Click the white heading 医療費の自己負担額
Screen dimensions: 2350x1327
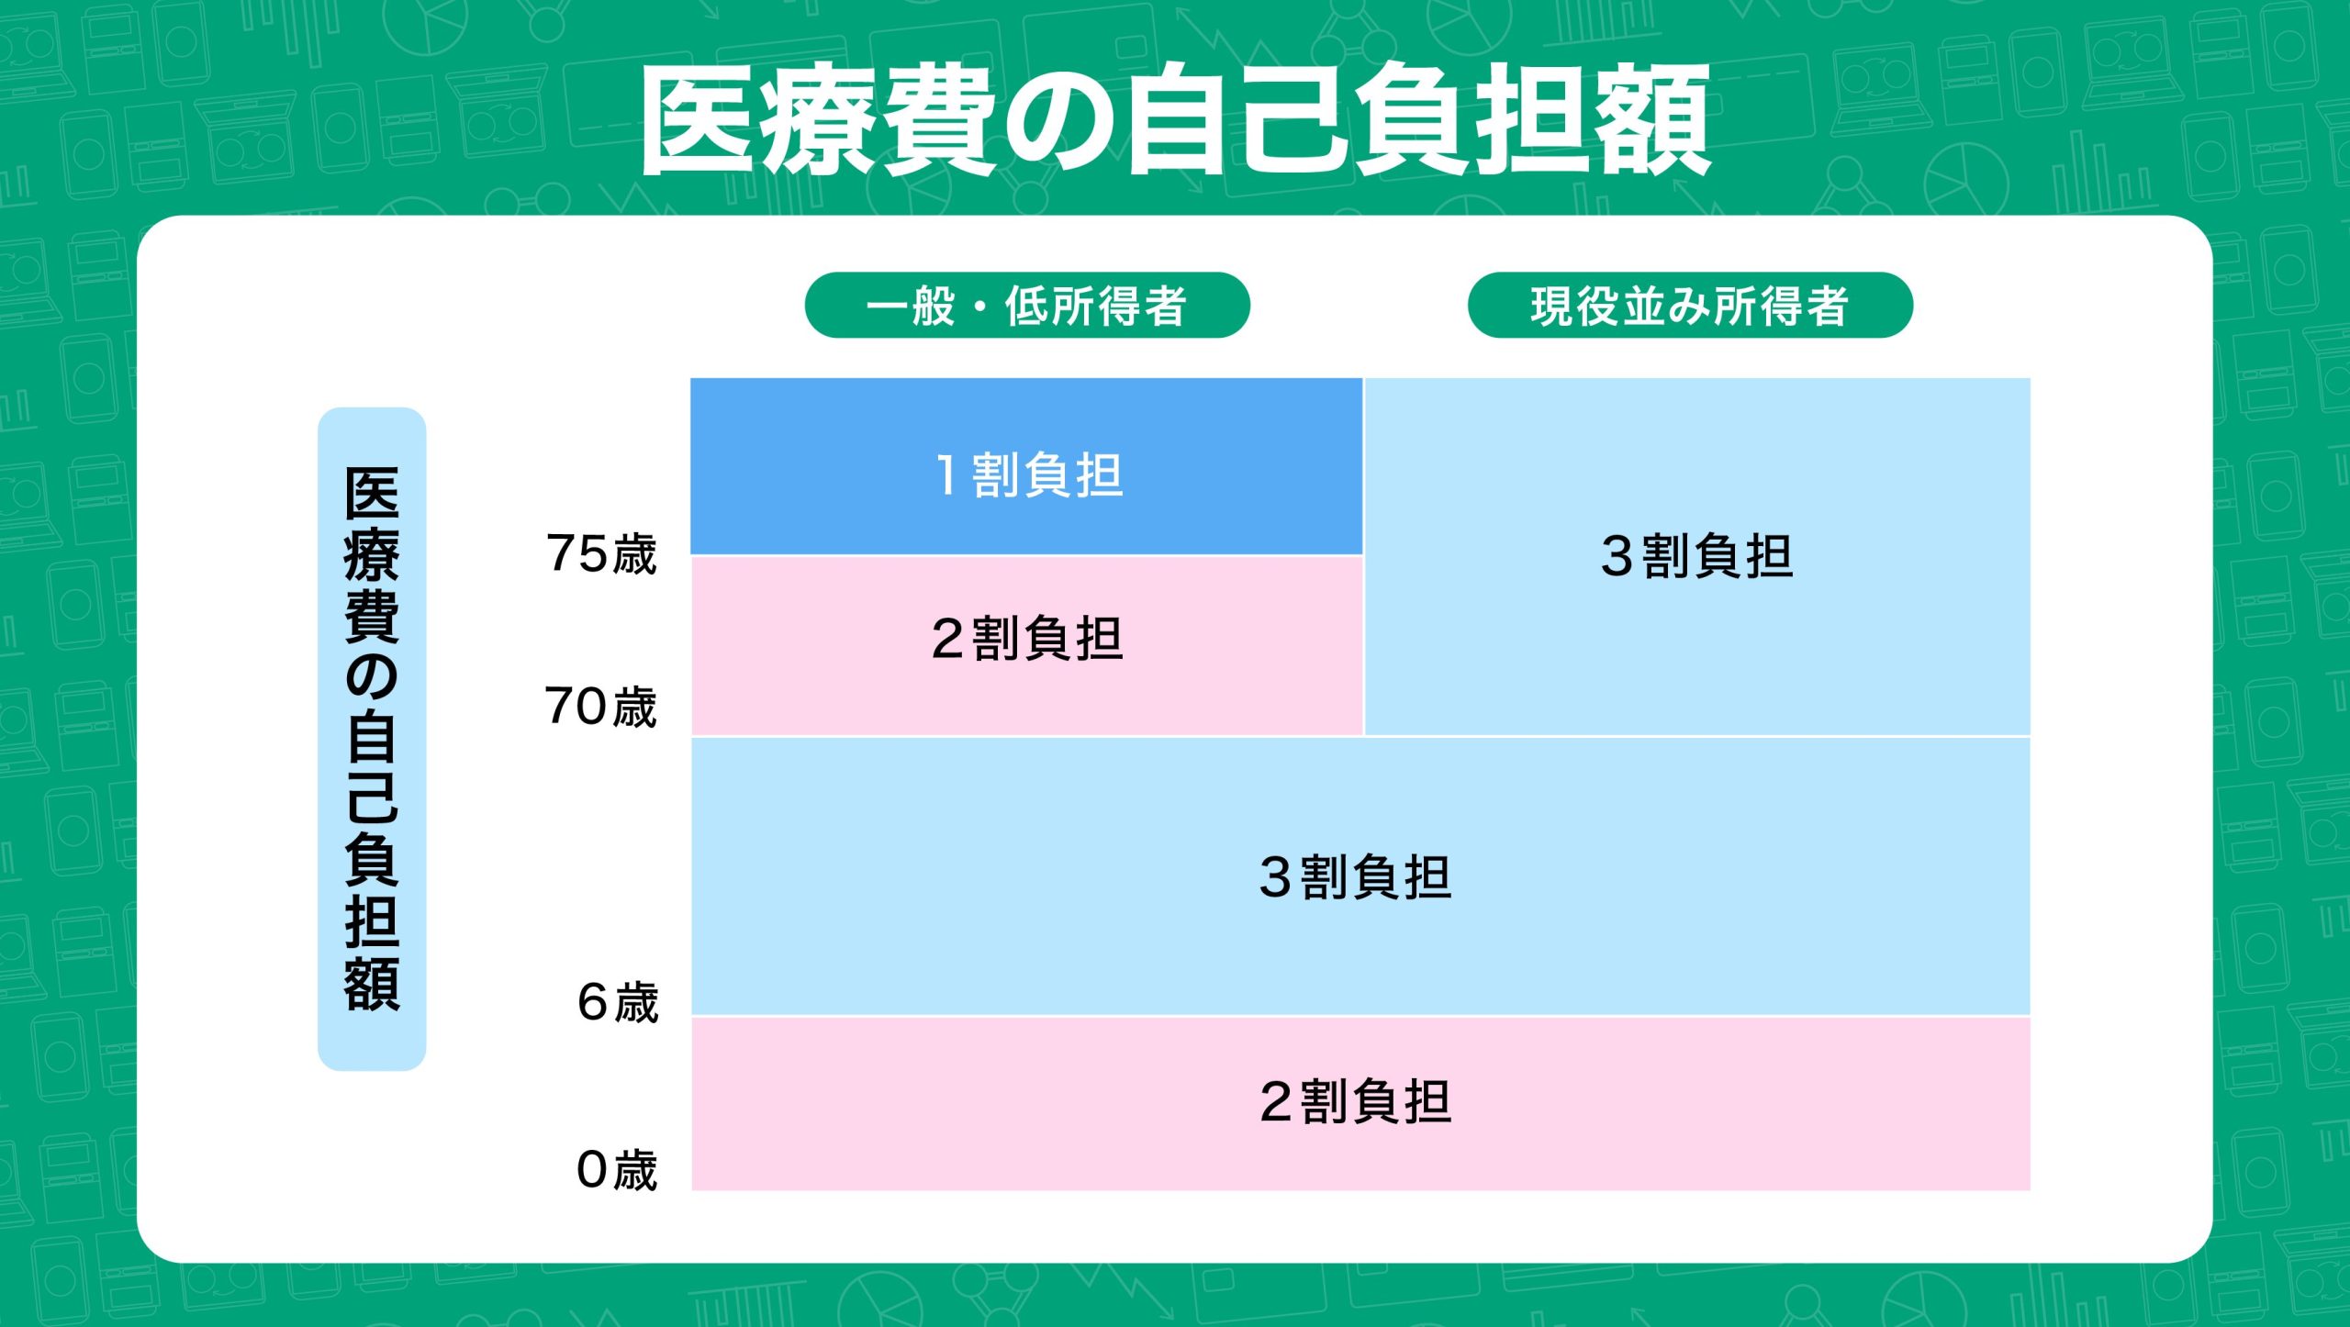click(1175, 119)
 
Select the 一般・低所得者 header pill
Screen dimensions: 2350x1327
click(1027, 305)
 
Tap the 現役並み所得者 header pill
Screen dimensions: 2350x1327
click(1690, 305)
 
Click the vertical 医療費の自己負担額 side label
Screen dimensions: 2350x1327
click(372, 739)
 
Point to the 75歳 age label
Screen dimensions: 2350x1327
click(601, 553)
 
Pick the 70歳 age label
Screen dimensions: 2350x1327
click(601, 707)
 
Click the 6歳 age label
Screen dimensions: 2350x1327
click(618, 1002)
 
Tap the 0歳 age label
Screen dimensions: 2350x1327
click(617, 1170)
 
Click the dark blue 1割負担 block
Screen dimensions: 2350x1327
click(1026, 466)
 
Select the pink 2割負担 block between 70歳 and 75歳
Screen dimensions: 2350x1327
click(1026, 646)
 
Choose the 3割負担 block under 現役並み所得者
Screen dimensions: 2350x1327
click(1697, 556)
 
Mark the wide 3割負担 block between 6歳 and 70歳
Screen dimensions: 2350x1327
click(1360, 876)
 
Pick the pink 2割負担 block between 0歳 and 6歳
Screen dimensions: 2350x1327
click(1360, 1104)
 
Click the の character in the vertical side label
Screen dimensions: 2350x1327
click(372, 676)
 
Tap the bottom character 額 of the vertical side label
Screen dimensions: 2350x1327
click(372, 984)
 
